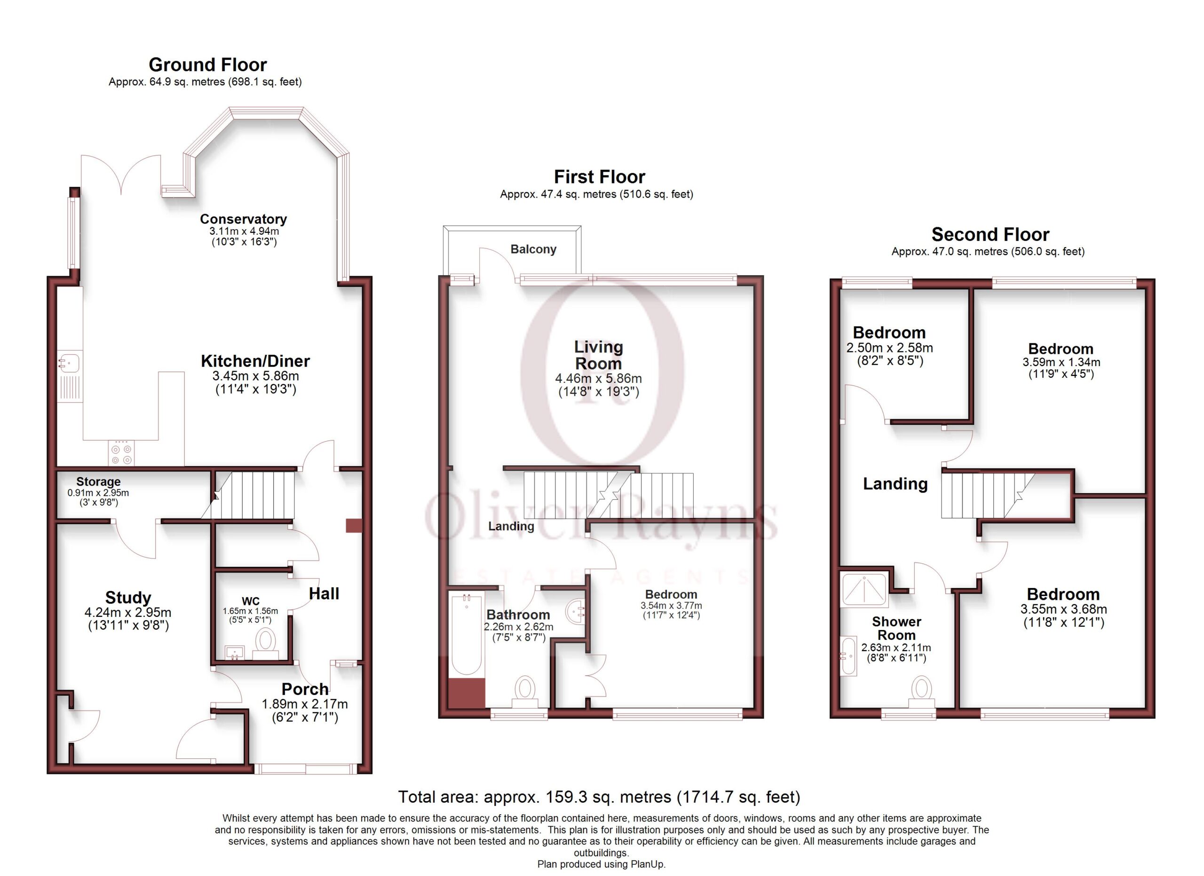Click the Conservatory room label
[x=243, y=219]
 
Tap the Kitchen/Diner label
[x=255, y=361]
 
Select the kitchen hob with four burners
[x=121, y=454]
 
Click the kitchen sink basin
[x=69, y=363]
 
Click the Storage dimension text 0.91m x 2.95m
[x=98, y=493]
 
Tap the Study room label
[x=128, y=598]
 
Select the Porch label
[x=305, y=689]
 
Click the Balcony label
[x=533, y=249]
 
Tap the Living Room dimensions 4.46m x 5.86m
[x=598, y=379]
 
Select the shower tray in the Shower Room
[x=865, y=590]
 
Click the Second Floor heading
[x=990, y=234]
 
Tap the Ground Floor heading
[x=207, y=65]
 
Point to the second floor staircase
[x=987, y=495]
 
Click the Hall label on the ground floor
[x=324, y=594]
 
